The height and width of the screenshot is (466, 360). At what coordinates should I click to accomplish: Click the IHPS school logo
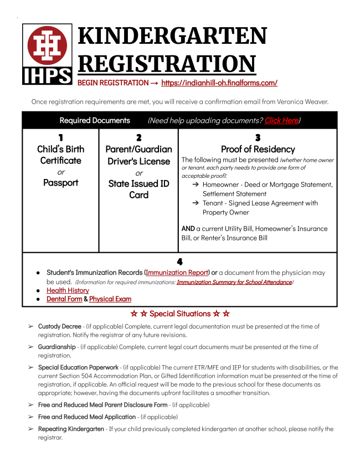47,54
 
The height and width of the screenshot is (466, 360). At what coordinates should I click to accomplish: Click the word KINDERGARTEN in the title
172,36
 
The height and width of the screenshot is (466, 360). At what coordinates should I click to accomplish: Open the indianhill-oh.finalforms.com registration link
219,83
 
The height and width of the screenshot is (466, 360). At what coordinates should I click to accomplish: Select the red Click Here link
281,120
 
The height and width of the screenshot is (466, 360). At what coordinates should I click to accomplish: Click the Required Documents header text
95,120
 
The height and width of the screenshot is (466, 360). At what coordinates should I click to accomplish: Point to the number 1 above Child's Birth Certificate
60,137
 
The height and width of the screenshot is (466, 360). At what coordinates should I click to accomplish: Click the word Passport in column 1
60,183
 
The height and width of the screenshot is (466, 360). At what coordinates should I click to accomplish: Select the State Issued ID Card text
138,189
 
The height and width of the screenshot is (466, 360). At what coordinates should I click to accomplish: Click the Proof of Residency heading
258,149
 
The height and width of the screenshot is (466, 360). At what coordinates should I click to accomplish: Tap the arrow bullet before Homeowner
196,185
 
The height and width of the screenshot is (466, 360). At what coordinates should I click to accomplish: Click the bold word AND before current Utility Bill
188,228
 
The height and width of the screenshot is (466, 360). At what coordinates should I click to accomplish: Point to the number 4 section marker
179,262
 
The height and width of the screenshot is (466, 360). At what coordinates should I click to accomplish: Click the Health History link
68,290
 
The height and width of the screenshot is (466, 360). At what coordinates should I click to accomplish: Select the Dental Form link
64,299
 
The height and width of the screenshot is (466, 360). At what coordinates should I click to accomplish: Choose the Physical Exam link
110,299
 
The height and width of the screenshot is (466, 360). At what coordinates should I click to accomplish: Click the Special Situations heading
179,314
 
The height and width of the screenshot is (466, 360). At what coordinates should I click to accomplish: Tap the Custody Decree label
59,326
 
